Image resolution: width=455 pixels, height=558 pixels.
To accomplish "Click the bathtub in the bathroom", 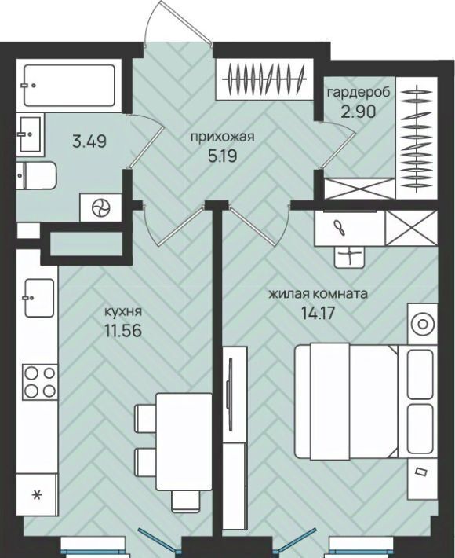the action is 69,86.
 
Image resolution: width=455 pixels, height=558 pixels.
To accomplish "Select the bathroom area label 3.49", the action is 89,141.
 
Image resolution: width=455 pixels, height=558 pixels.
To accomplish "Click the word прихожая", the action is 223,137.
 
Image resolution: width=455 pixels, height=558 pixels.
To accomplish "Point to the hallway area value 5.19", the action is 223,156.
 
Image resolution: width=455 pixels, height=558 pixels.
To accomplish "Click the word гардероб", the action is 359,92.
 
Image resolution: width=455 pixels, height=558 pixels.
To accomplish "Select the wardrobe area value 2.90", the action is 358,112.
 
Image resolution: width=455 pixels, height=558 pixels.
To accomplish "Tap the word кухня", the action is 122,312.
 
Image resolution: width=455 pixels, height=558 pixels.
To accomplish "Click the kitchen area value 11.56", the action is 123,331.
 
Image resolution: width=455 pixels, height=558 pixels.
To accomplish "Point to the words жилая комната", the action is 318,294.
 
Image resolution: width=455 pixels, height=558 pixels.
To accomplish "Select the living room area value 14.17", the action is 318,313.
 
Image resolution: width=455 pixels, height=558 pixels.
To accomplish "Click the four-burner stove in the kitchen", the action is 40,382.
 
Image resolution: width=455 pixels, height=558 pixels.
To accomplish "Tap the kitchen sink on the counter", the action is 39,298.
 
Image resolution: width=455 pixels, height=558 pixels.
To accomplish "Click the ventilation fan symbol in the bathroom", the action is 101,207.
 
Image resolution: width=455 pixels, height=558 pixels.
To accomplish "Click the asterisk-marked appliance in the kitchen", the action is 37,494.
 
